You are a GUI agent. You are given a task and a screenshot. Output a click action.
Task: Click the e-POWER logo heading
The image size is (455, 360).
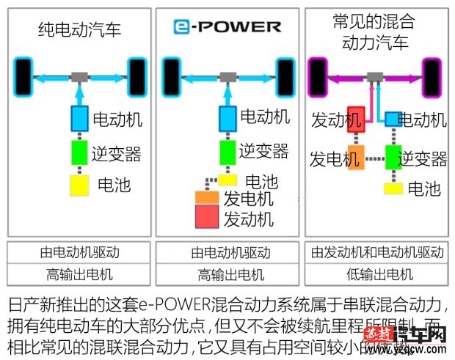(227, 27)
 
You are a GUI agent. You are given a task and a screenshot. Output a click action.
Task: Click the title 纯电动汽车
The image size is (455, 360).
(79, 30)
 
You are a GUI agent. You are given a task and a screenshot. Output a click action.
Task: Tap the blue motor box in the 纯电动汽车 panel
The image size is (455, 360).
(79, 117)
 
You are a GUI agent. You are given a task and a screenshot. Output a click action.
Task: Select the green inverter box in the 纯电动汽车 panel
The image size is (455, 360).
(79, 154)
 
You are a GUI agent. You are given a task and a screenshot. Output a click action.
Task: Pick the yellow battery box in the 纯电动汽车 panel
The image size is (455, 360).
(79, 185)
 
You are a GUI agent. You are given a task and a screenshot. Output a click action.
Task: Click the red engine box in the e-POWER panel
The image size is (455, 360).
(207, 217)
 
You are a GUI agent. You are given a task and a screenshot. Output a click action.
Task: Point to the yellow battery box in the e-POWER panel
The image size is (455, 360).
(227, 180)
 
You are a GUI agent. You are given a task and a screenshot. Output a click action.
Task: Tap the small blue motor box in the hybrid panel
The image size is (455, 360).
(393, 118)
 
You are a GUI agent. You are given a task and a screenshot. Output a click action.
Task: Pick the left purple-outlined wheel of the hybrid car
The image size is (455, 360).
(317, 74)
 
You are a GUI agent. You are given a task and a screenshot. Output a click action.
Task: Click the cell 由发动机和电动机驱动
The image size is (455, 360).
(376, 252)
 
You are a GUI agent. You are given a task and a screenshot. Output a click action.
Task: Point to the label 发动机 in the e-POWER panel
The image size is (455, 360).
(249, 218)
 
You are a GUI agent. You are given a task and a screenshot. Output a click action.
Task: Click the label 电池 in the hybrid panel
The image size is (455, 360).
(424, 188)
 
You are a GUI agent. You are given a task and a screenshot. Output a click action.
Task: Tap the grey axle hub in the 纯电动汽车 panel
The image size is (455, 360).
(79, 76)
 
